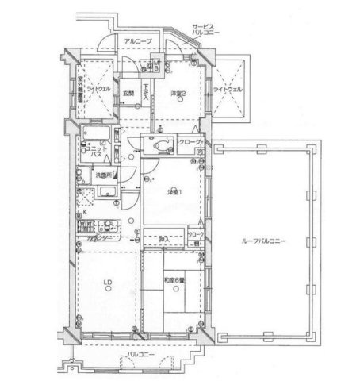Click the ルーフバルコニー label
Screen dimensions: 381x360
pos(259,241)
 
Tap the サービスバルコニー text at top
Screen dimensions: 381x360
pos(209,31)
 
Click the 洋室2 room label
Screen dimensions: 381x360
pos(178,94)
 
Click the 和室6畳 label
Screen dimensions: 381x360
pos(175,280)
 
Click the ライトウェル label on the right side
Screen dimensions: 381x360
pos(228,90)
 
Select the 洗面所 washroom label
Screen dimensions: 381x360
pos(103,175)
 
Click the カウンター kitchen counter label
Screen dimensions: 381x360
pos(101,237)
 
